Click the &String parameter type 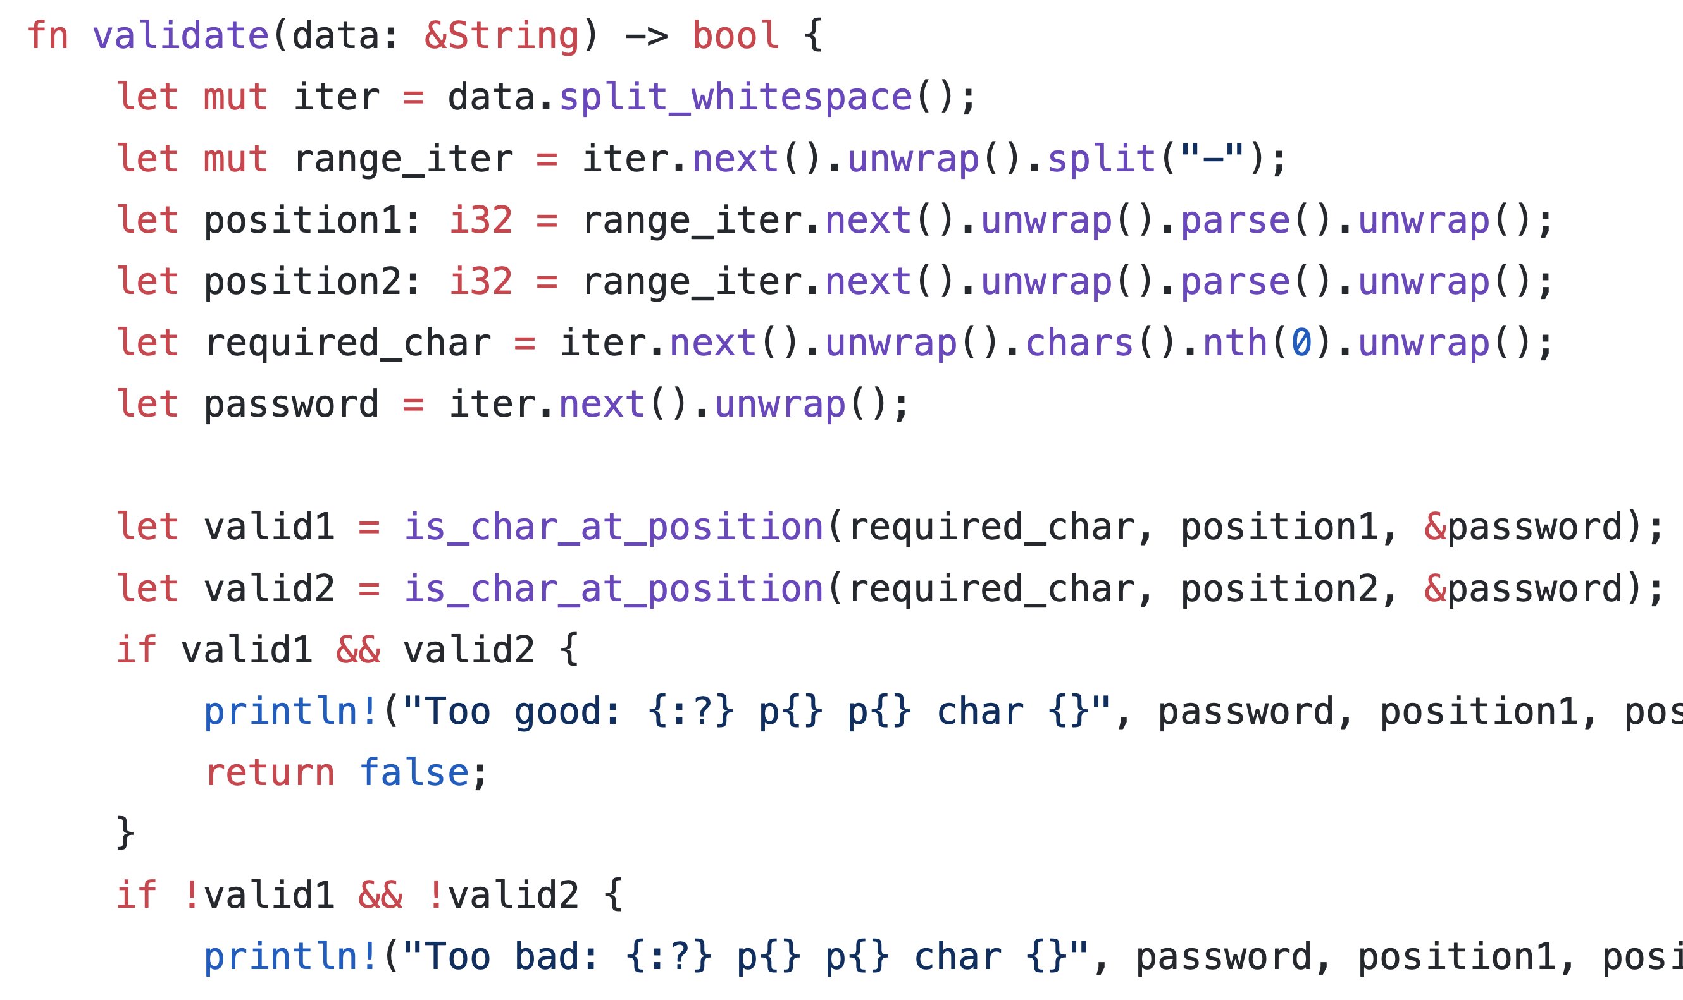tap(502, 37)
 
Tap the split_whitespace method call tap(736, 98)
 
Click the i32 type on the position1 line tap(481, 221)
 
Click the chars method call tap(1079, 343)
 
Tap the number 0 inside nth tap(1301, 343)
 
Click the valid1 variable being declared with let tap(269, 527)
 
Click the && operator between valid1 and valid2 tap(358, 650)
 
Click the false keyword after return tap(414, 772)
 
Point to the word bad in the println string tap(547, 956)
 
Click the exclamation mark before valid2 tap(435, 895)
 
